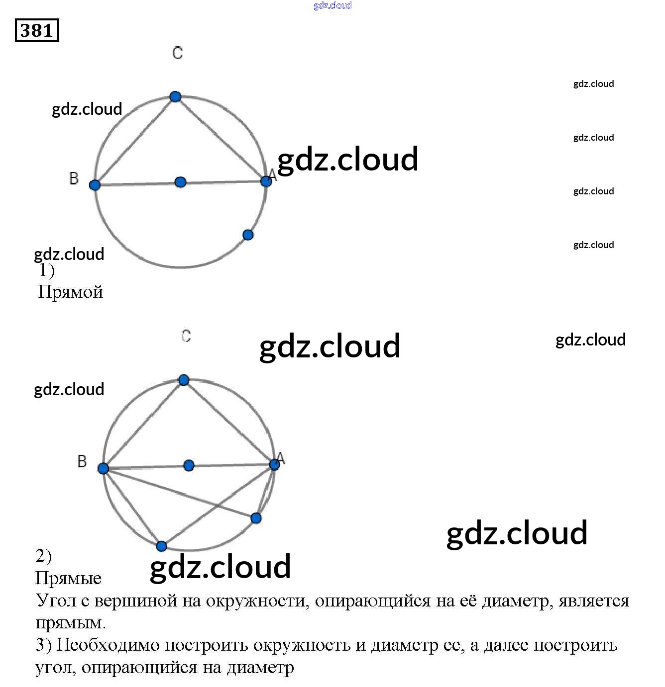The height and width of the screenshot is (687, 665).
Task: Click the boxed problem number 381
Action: click(x=37, y=30)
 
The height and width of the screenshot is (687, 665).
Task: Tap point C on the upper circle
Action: click(x=175, y=96)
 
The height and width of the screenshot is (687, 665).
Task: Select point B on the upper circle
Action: click(x=95, y=185)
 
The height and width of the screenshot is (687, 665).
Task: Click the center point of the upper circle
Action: click(x=181, y=182)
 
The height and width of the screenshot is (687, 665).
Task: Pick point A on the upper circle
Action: click(x=266, y=181)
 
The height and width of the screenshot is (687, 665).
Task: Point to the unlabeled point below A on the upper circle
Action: click(x=248, y=235)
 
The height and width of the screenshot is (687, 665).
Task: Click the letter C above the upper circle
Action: click(x=178, y=53)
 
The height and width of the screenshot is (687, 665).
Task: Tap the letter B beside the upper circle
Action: click(x=74, y=178)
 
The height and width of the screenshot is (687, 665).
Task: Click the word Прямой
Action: click(x=71, y=292)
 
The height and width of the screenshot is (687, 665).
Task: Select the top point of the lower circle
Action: click(x=184, y=380)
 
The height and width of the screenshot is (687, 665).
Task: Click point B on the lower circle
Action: click(x=103, y=468)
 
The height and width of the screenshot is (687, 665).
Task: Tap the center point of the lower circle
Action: click(x=189, y=465)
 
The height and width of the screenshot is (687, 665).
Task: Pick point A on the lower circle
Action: click(x=274, y=464)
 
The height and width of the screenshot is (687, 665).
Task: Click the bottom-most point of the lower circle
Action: click(x=161, y=546)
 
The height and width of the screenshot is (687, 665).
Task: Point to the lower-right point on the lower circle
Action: click(x=256, y=518)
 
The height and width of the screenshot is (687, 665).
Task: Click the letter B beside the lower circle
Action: click(x=82, y=461)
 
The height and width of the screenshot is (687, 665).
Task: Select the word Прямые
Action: click(x=68, y=578)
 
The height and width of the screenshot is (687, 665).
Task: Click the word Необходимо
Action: click(x=107, y=645)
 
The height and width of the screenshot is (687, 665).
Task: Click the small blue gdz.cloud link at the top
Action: click(x=332, y=5)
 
